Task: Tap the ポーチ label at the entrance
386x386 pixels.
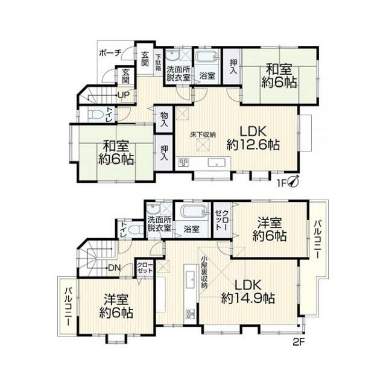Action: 110,52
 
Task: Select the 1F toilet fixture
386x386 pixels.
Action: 95,115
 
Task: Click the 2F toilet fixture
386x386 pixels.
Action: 134,229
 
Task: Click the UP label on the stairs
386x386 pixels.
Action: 124,95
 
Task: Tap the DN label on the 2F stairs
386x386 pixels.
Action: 114,268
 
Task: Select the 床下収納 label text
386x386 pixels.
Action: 203,134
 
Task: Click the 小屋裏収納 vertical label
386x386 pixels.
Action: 204,272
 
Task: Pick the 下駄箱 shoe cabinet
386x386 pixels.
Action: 158,62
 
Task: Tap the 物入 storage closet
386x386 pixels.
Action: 164,119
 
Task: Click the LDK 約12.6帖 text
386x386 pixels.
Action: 253,138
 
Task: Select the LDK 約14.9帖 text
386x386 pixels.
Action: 248,291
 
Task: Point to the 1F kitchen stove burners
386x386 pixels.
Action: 184,163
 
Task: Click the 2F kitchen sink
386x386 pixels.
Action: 190,279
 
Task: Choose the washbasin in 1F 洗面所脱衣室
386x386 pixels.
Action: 172,56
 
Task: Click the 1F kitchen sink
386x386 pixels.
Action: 217,163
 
